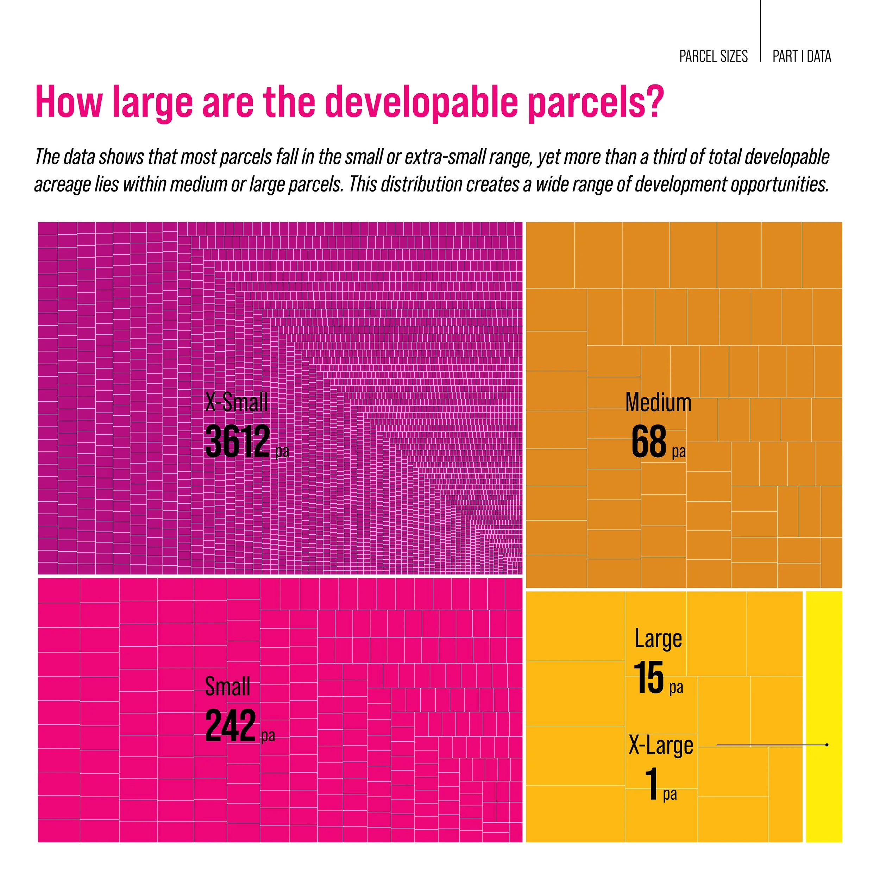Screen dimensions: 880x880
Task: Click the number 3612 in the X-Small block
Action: coord(237,441)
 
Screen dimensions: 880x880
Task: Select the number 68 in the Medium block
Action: coord(649,441)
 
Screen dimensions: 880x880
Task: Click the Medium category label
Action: coord(658,403)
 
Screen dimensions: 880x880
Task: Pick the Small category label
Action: coord(227,686)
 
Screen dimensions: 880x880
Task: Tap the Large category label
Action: coord(658,639)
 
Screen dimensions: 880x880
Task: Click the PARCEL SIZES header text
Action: coord(713,56)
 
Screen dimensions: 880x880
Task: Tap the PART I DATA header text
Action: coord(802,56)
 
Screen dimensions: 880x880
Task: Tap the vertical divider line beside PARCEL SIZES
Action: coord(760,32)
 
